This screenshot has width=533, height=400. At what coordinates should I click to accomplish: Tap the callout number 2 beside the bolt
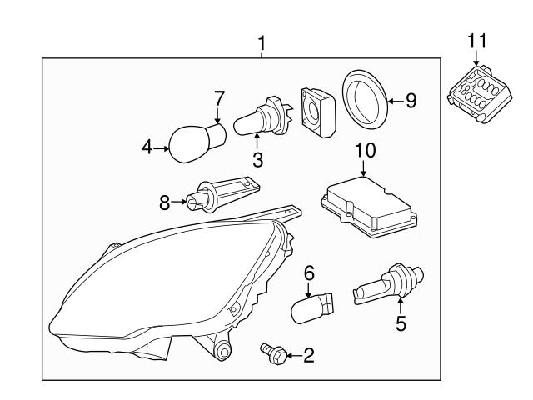[x=308, y=357]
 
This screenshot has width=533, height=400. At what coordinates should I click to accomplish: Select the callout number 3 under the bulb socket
[x=258, y=158]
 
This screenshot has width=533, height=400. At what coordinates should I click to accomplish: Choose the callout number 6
[x=308, y=272]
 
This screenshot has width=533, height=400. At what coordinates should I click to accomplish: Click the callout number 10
[x=365, y=151]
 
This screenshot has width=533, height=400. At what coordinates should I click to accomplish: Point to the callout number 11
[x=475, y=38]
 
